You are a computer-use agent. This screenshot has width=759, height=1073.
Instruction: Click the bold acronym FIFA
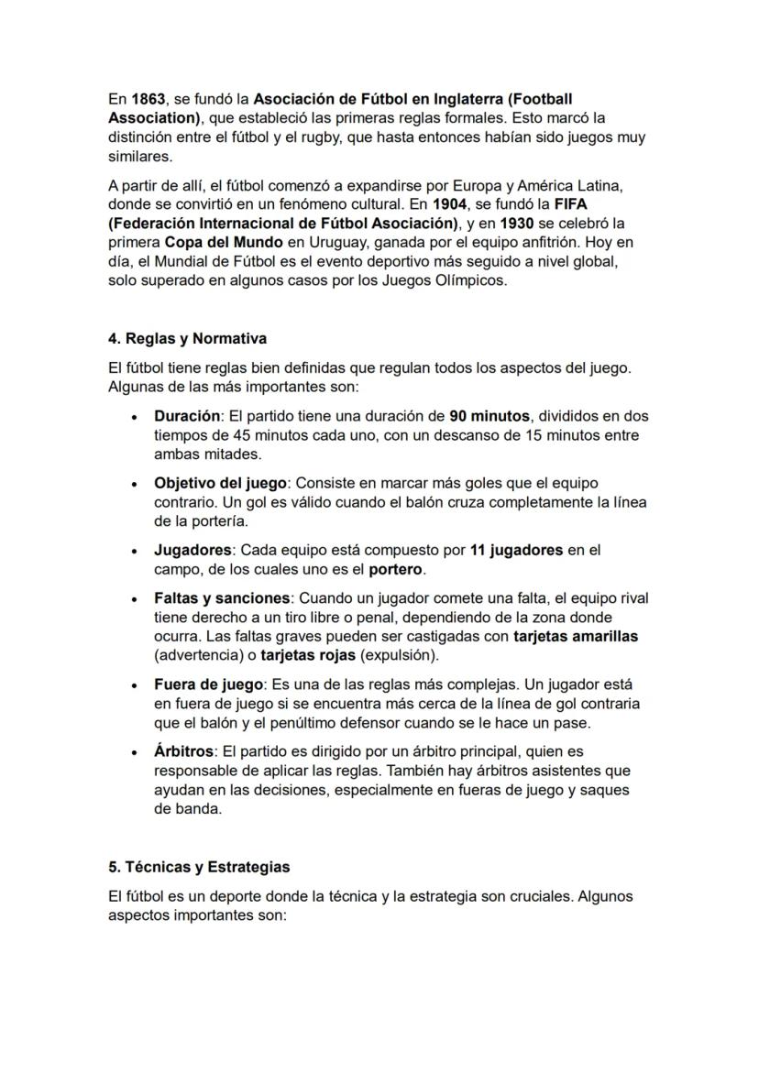[x=569, y=204]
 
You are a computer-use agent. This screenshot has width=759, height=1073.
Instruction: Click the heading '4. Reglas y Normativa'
[x=187, y=338]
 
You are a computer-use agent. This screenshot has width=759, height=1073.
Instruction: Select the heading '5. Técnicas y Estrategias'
[x=199, y=867]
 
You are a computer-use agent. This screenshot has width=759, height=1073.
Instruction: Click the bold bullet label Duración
[x=187, y=416]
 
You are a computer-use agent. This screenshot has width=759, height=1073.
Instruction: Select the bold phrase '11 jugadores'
[x=516, y=551]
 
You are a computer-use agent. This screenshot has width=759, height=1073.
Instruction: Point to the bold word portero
[x=396, y=570]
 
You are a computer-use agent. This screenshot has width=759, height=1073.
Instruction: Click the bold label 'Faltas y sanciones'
[x=221, y=598]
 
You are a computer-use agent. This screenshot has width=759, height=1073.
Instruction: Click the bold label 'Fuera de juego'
[x=209, y=684]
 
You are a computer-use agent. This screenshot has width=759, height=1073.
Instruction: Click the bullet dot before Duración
[x=135, y=417]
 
